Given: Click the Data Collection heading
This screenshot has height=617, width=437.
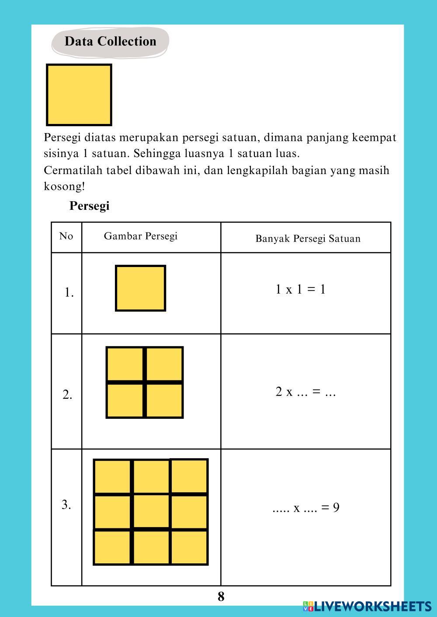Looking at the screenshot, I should (110, 41).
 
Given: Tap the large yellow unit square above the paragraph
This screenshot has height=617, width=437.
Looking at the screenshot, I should (79, 95).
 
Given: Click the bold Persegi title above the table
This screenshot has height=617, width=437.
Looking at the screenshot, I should (89, 206).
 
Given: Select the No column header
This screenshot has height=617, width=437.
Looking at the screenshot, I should (66, 237).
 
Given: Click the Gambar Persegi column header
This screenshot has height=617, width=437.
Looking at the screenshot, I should (141, 237).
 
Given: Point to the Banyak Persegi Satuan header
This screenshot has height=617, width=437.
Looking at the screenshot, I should (308, 239).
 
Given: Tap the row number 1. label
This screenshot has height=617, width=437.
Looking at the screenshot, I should (69, 293).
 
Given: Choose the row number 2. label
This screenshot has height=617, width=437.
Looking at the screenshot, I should (67, 395).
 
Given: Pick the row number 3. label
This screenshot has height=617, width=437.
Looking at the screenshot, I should (66, 505).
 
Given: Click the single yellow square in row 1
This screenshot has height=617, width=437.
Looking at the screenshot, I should (140, 288).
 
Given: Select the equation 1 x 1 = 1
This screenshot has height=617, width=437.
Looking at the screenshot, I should (301, 289).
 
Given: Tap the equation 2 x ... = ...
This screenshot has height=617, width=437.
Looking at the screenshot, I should (305, 392).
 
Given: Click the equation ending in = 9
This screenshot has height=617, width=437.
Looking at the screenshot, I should (306, 507).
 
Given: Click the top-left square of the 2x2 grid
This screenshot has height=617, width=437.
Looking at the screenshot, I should (125, 364).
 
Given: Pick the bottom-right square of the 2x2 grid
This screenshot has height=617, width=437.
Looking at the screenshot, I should (164, 401).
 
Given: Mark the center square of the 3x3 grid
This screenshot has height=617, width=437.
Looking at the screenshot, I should (151, 511).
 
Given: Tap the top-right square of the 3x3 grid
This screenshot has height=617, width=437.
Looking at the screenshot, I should (189, 476).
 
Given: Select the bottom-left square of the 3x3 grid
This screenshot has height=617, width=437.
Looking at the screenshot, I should (112, 547).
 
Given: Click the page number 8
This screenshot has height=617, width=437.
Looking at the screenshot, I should (221, 596).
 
